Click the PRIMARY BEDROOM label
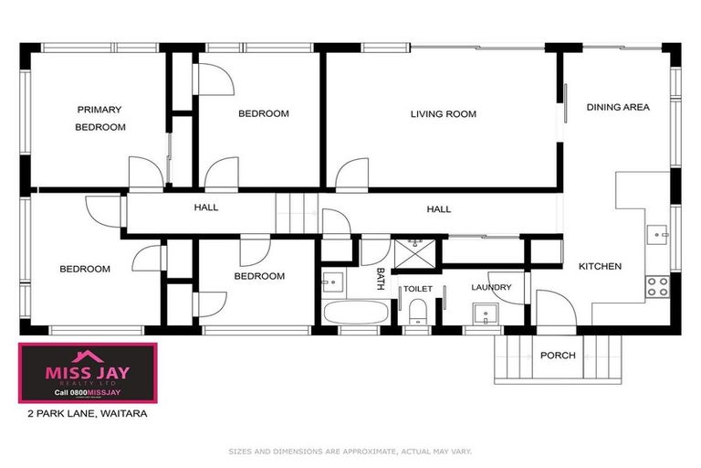click(99, 118)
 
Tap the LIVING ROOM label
click(444, 114)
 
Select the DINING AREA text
click(618, 107)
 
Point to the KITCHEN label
click(600, 266)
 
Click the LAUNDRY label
click(491, 287)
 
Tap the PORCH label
click(558, 355)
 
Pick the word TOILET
click(417, 288)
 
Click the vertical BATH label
click(381, 278)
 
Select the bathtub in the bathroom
click(355, 311)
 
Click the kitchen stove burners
click(657, 284)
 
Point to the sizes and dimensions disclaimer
click(350, 451)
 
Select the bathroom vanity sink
click(333, 281)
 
